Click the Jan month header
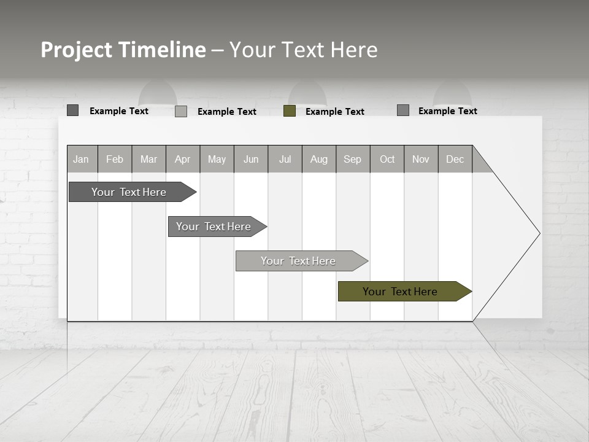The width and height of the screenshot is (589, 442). click(x=82, y=159)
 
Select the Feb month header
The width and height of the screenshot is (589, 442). click(x=115, y=159)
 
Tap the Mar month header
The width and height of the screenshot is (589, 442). click(x=148, y=159)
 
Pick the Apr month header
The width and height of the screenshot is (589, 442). click(x=183, y=159)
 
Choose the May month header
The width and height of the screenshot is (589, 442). click(x=217, y=159)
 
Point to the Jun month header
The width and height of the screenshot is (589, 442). click(x=251, y=159)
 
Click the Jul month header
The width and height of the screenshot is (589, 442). click(x=285, y=159)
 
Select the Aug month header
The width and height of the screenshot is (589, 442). click(x=319, y=159)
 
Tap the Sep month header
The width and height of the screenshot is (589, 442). click(x=353, y=159)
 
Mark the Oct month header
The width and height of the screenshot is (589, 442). click(x=387, y=159)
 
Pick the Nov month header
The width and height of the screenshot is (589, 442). click(x=421, y=159)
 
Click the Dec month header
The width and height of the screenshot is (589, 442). click(x=455, y=159)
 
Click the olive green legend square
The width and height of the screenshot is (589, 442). click(x=290, y=111)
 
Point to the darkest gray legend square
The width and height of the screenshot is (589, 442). click(x=72, y=110)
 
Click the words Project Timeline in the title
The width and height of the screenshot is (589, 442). click(x=123, y=50)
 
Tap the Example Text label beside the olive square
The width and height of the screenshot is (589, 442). click(x=335, y=112)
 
